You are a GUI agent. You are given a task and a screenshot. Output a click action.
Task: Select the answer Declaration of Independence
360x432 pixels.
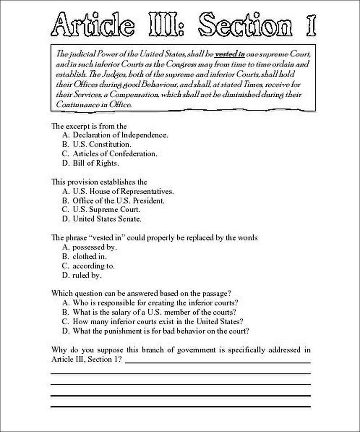pos(121,135)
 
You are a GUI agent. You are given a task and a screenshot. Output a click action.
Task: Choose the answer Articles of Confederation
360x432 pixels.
pos(115,154)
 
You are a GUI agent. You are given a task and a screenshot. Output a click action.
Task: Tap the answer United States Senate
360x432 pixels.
pos(107,219)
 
